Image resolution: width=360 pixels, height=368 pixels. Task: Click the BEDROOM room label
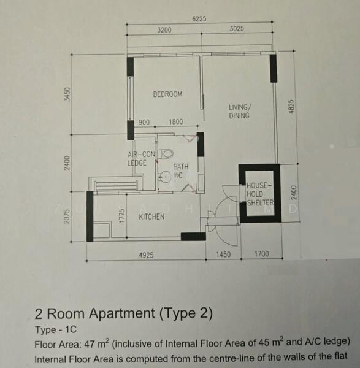[x=167, y=94]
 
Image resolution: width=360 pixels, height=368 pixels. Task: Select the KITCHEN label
[x=151, y=217]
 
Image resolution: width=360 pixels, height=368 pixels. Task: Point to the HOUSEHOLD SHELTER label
[x=259, y=193]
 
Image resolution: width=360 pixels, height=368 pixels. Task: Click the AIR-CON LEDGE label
[x=141, y=159]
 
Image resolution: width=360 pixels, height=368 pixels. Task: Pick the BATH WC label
[x=180, y=171]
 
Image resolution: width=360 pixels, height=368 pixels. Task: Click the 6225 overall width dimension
[x=199, y=19]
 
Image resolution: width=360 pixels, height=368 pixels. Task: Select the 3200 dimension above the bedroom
[x=164, y=29]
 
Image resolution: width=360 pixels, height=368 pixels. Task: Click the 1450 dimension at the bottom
[x=223, y=255]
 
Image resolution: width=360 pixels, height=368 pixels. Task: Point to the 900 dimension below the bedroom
[x=144, y=122]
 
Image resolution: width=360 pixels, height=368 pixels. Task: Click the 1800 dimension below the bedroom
[x=175, y=122]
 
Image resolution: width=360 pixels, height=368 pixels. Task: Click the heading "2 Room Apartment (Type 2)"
[x=124, y=314]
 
